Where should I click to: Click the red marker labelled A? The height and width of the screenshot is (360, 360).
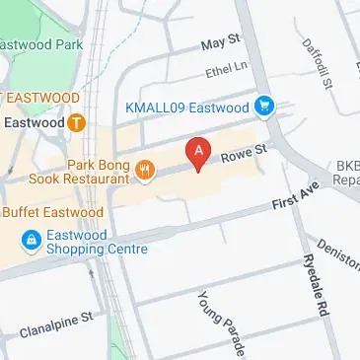point(198,154)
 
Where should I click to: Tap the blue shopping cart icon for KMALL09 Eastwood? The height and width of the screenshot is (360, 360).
point(263,106)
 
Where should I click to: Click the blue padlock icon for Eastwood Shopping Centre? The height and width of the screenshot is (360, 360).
point(32,240)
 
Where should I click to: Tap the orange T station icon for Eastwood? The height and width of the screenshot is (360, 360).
point(76,123)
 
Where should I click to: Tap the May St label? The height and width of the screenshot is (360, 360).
point(220,42)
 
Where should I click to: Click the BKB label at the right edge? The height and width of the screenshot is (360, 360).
point(346,168)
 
